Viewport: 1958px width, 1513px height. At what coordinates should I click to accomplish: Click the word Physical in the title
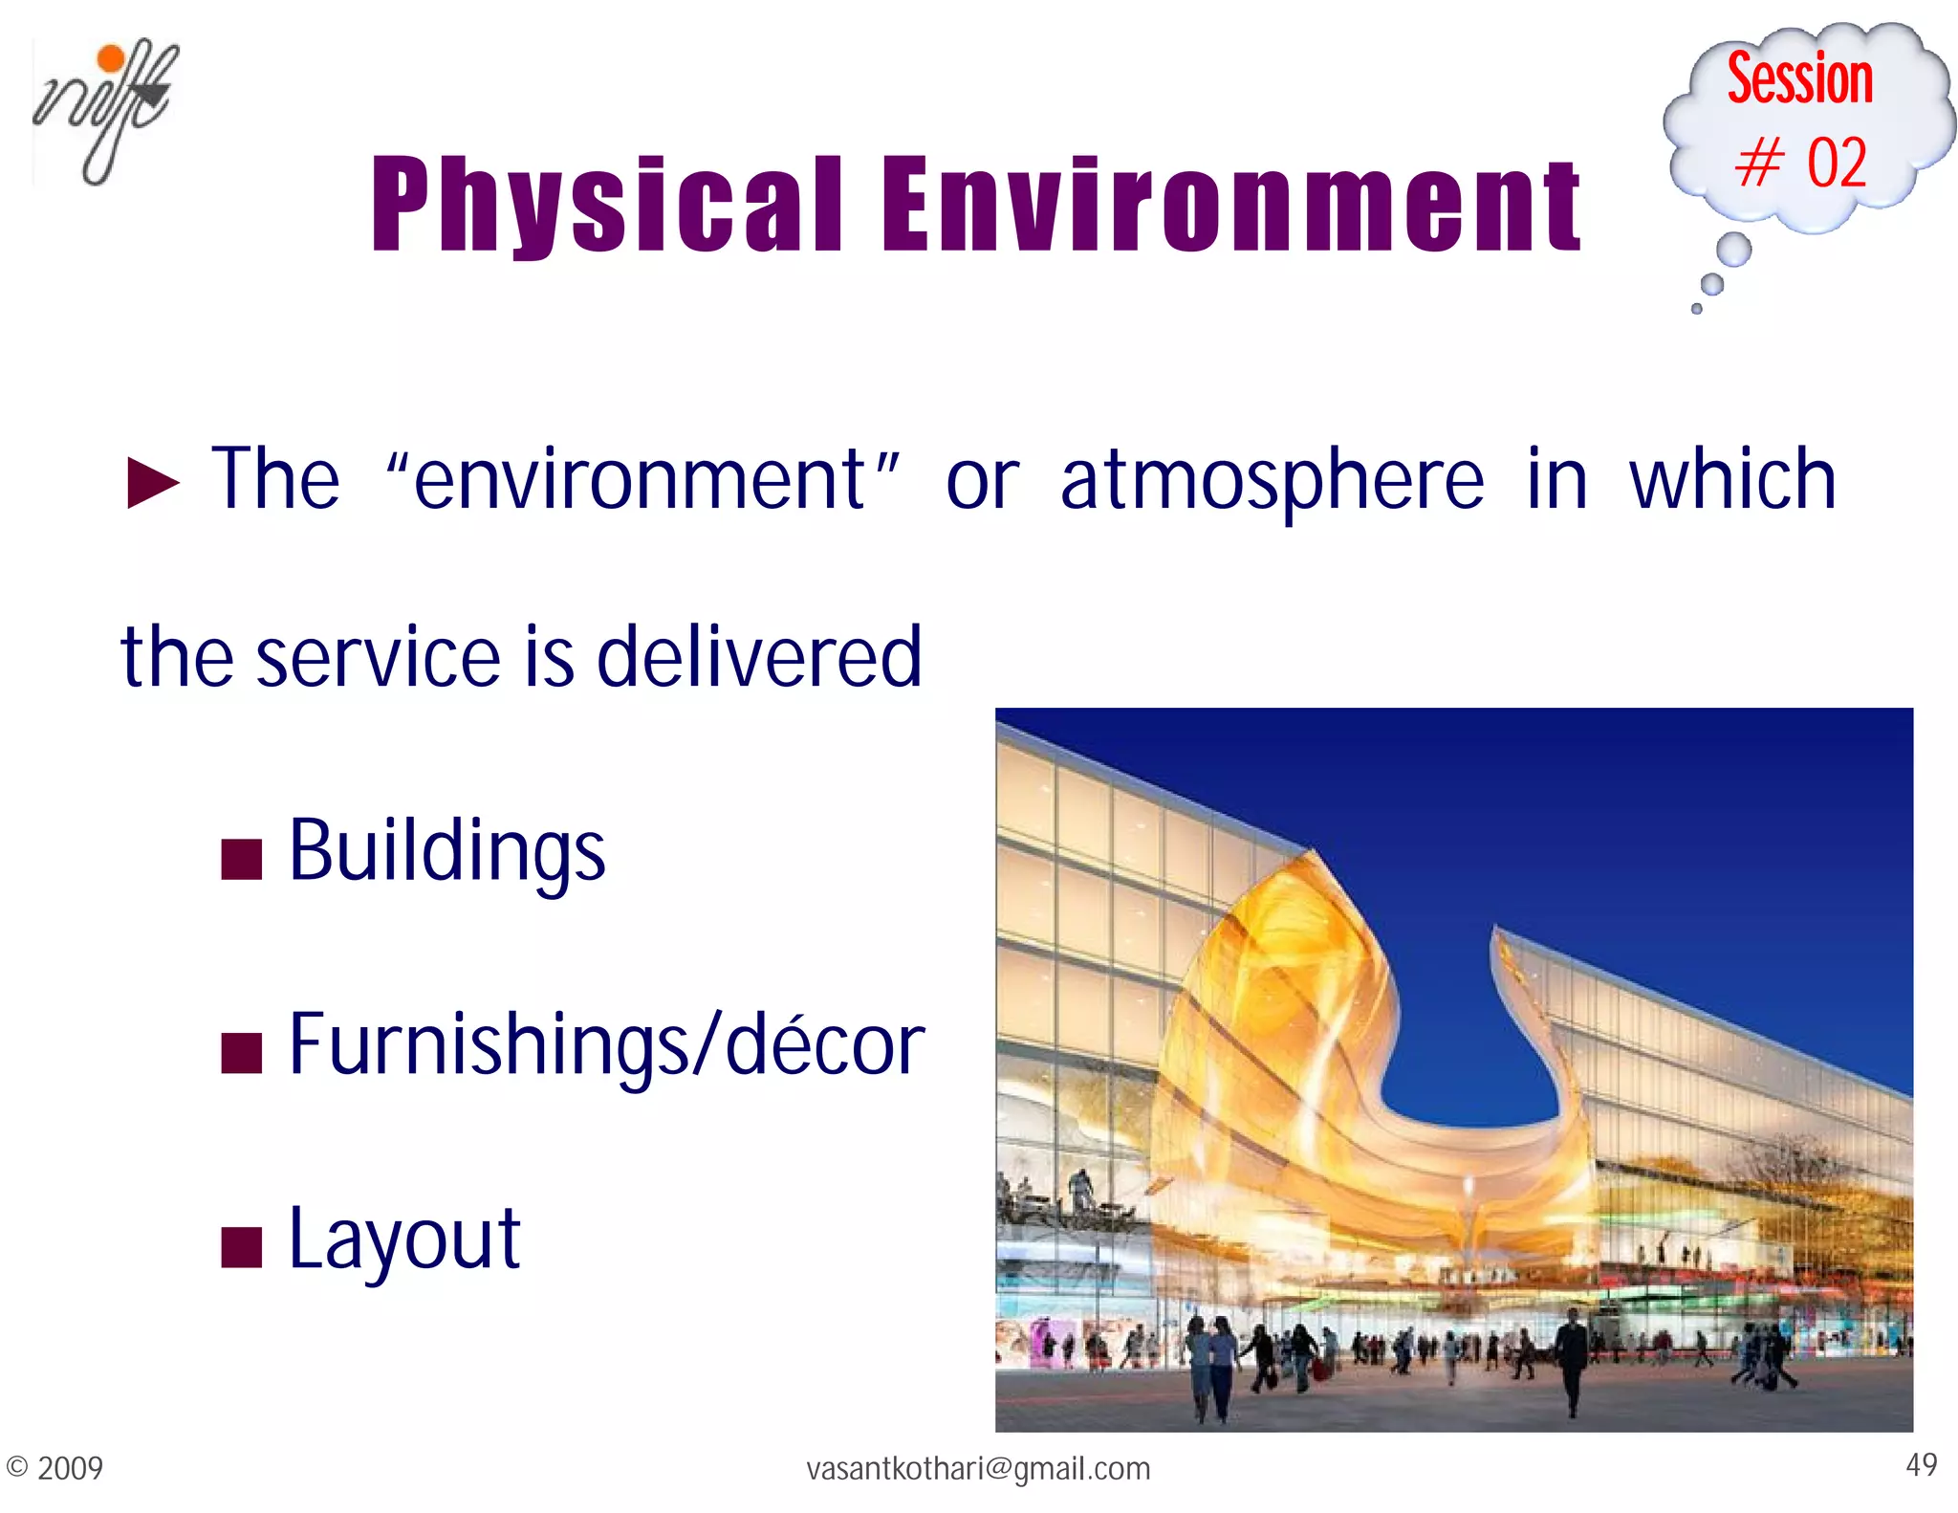(607, 206)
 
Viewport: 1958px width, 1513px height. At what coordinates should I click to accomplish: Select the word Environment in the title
(1231, 206)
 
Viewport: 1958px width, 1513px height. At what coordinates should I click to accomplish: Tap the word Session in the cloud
(1799, 79)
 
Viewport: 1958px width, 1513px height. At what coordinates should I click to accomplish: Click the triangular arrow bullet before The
(153, 482)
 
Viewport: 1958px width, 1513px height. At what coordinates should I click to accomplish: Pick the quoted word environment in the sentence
(642, 480)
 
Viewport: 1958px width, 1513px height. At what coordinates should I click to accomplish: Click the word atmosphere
(1272, 482)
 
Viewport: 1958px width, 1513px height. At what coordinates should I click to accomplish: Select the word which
(1732, 480)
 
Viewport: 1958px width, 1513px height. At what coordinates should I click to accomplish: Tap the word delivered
(759, 658)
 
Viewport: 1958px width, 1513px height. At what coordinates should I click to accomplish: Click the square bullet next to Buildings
(241, 858)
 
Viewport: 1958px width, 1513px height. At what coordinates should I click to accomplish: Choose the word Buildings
(446, 851)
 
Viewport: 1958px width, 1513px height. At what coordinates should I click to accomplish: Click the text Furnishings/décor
(606, 1045)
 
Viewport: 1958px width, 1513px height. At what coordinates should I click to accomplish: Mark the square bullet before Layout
(241, 1246)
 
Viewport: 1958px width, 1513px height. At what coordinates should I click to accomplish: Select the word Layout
(404, 1240)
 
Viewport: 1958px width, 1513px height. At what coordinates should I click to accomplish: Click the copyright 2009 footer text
(54, 1468)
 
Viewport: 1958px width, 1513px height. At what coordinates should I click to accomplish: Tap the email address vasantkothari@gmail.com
(978, 1468)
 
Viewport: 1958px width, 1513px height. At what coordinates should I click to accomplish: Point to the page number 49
(1921, 1464)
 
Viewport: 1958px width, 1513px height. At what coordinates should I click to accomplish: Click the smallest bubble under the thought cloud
(1697, 309)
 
